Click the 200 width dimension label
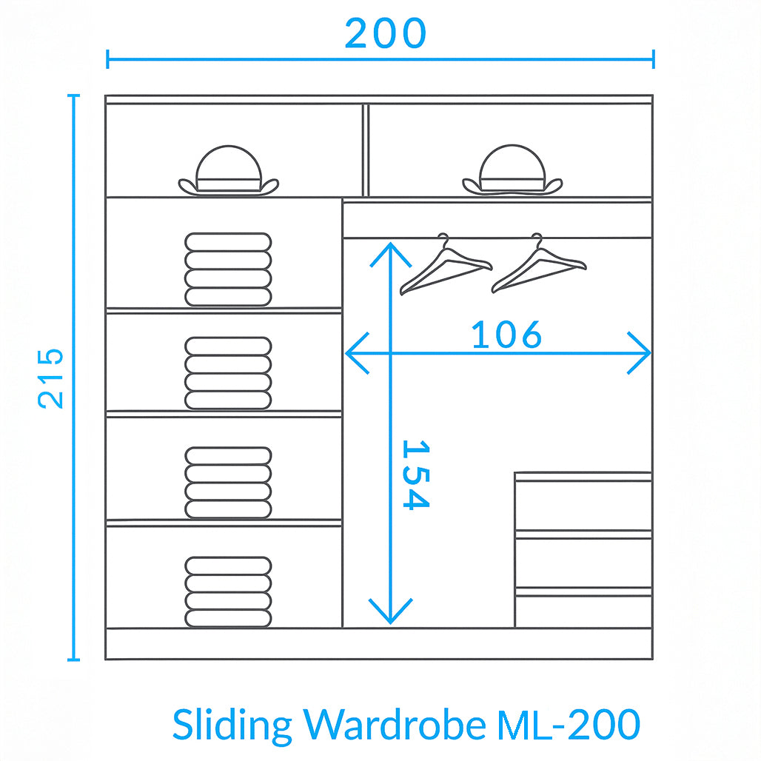(x=386, y=33)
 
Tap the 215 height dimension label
(x=50, y=378)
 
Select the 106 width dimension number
(x=506, y=335)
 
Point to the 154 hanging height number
(x=416, y=475)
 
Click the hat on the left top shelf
(x=229, y=171)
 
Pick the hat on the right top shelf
(x=512, y=170)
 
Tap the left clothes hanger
(x=446, y=264)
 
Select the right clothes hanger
(x=539, y=263)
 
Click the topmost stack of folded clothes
(x=228, y=269)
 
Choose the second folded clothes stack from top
(x=228, y=373)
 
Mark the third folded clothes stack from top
(x=228, y=483)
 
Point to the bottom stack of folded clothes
(x=228, y=592)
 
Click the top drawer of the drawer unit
(x=583, y=505)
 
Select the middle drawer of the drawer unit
(x=583, y=563)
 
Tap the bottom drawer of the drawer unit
(x=583, y=611)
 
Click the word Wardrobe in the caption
(x=395, y=724)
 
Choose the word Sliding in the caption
(x=232, y=725)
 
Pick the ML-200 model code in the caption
(x=569, y=724)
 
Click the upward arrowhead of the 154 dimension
(x=391, y=255)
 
